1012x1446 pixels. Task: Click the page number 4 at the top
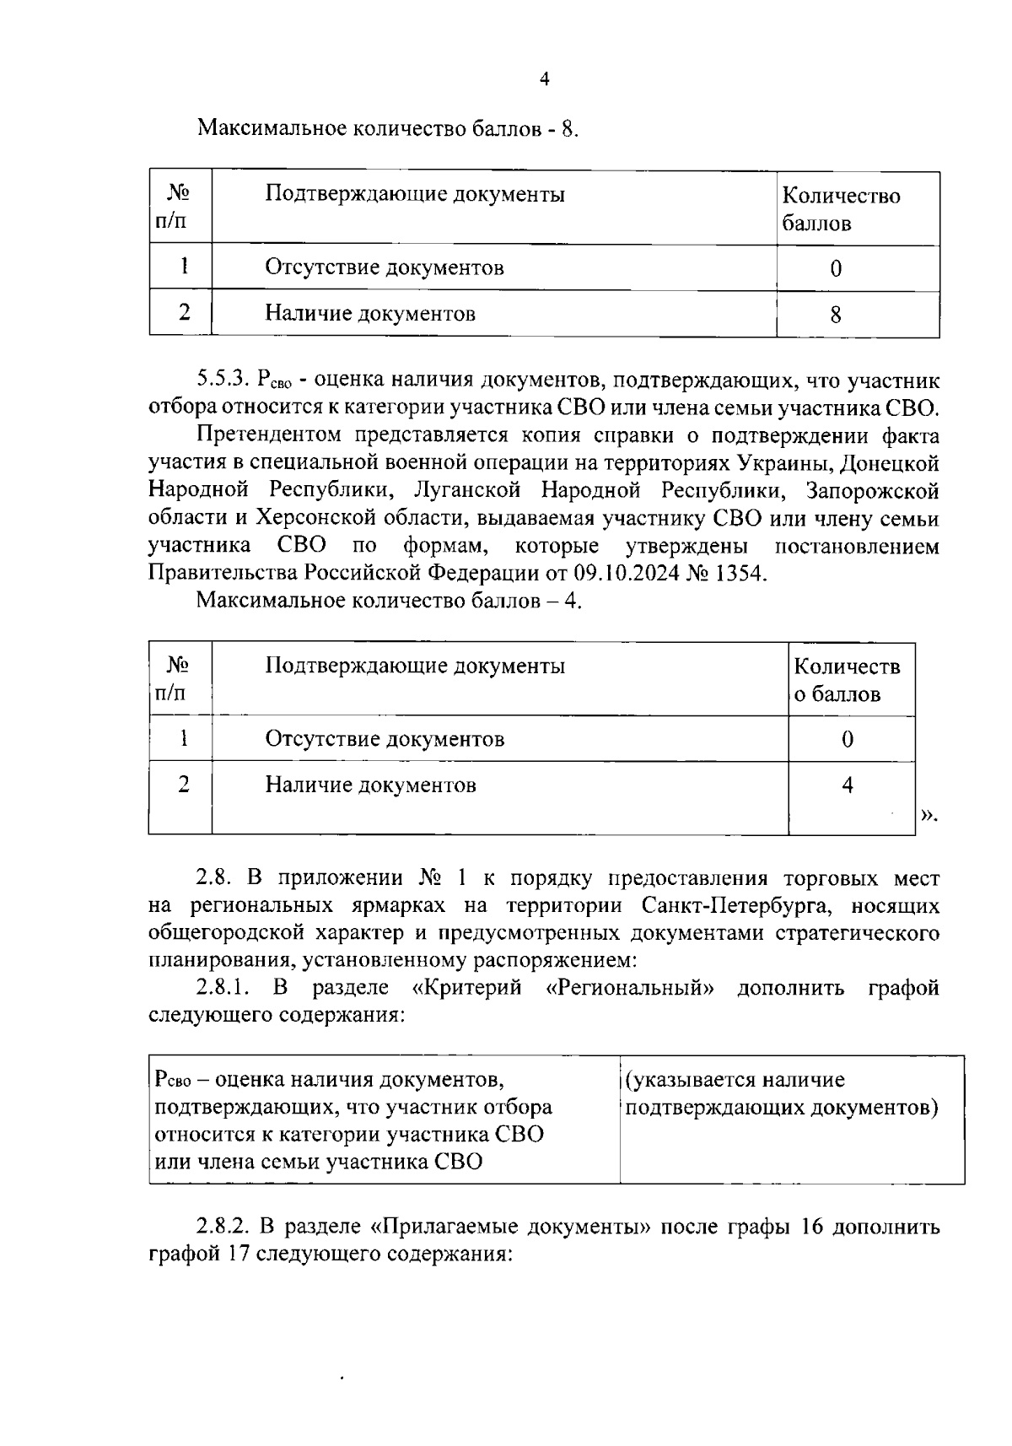click(x=544, y=79)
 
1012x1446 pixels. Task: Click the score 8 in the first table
click(x=835, y=316)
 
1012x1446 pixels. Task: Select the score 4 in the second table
click(x=847, y=785)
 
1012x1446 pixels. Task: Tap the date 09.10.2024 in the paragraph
click(x=622, y=574)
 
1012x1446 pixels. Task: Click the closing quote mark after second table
click(x=927, y=815)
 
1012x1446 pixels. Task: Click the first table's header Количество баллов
click(x=840, y=209)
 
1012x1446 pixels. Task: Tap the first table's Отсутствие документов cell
click(x=385, y=268)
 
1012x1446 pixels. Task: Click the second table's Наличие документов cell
click(x=370, y=785)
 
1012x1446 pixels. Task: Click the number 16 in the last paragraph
click(x=807, y=1226)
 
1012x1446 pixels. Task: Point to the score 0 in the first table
click(x=835, y=269)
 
